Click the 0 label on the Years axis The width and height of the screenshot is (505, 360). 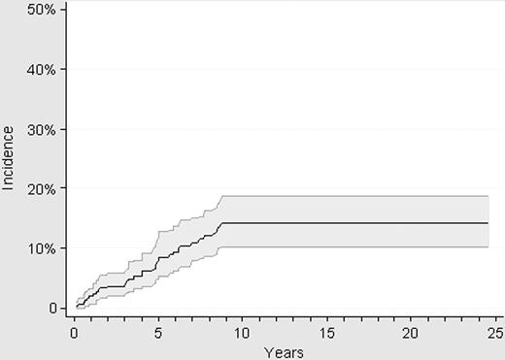click(x=74, y=332)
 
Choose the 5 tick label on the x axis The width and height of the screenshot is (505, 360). click(x=157, y=332)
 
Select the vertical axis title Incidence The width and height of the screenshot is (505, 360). click(x=10, y=158)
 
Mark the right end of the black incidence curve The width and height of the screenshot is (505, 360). click(x=487, y=223)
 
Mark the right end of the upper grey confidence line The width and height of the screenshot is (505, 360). click(x=487, y=196)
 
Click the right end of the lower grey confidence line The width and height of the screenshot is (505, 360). click(x=487, y=247)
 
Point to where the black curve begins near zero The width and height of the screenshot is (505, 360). click(x=78, y=307)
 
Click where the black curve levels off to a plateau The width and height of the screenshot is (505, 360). click(x=222, y=223)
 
